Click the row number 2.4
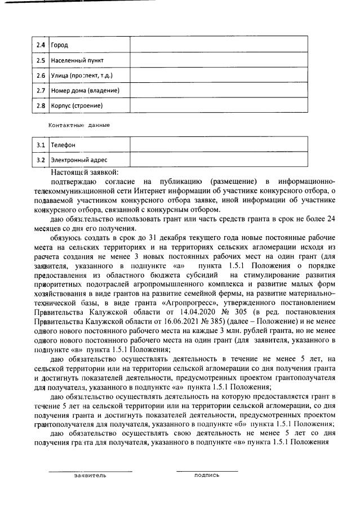tap(41, 45)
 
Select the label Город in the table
tap(60, 45)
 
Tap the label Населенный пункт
tap(77, 60)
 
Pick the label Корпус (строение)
tap(77, 105)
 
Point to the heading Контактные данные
tap(79, 125)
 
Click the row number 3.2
tap(41, 160)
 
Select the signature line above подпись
tap(207, 471)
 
